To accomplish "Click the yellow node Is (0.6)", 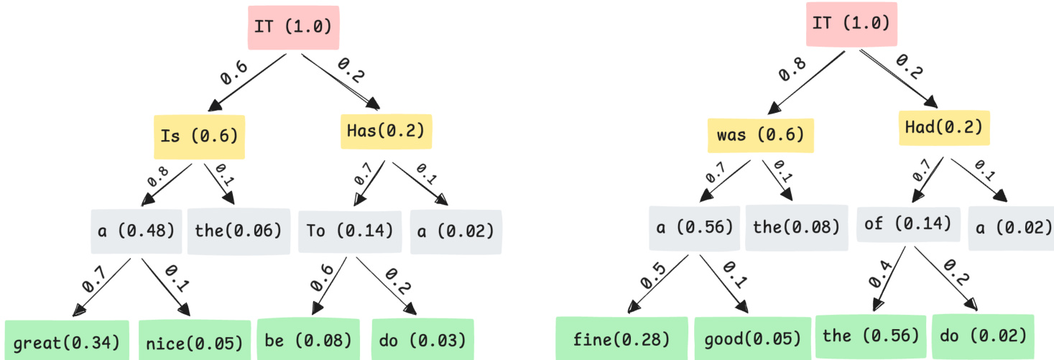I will pyautogui.click(x=199, y=137).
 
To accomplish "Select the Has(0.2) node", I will pyautogui.click(x=385, y=130).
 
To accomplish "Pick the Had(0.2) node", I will pyautogui.click(x=943, y=128).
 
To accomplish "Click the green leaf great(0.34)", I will pyautogui.click(x=66, y=341).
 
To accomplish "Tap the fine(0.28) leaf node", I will pyautogui.click(x=621, y=338).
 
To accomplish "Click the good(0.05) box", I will pyautogui.click(x=752, y=338).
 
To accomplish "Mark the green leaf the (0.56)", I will pyautogui.click(x=870, y=336).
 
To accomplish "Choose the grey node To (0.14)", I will pyautogui.click(x=349, y=231).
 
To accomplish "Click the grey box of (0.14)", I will pyautogui.click(x=908, y=224).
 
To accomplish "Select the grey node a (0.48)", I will pyautogui.click(x=136, y=231).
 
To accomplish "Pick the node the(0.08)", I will pyautogui.click(x=796, y=228).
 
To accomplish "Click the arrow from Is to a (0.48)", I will pyautogui.click(x=167, y=185).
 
